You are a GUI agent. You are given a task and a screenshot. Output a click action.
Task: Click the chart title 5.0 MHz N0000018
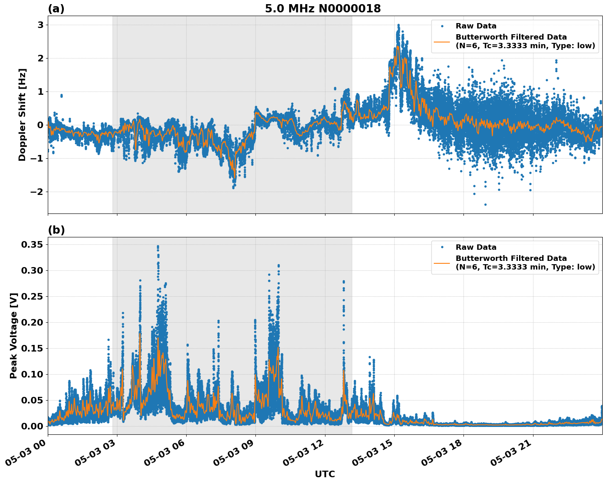point(323,9)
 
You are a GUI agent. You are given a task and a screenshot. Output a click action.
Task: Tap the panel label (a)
point(56,9)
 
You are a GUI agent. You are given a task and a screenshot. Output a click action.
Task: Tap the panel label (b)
point(56,230)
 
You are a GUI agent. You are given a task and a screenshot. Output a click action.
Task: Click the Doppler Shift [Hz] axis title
point(22,115)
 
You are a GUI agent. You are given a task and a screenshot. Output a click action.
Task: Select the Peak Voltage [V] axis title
point(14,335)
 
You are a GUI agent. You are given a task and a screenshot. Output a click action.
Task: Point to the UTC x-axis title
point(325,474)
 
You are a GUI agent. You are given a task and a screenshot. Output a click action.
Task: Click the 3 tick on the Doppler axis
point(40,25)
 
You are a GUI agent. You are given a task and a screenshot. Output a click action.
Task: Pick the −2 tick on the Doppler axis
point(36,192)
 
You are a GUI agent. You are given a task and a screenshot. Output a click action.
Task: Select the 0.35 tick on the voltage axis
point(32,245)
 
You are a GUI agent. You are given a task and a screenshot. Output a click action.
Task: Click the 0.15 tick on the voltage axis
point(32,348)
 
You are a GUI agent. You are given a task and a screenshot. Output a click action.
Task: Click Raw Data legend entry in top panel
point(475,26)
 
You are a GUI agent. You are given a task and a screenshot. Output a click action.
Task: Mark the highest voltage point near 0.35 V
point(158,246)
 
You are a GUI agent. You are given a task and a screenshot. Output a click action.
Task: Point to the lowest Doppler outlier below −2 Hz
point(485,204)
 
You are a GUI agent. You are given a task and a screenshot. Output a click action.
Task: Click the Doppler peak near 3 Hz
point(398,25)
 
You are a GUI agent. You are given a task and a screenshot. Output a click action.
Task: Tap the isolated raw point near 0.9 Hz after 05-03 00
point(61,96)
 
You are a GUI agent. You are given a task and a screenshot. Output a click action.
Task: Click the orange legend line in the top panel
point(442,41)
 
